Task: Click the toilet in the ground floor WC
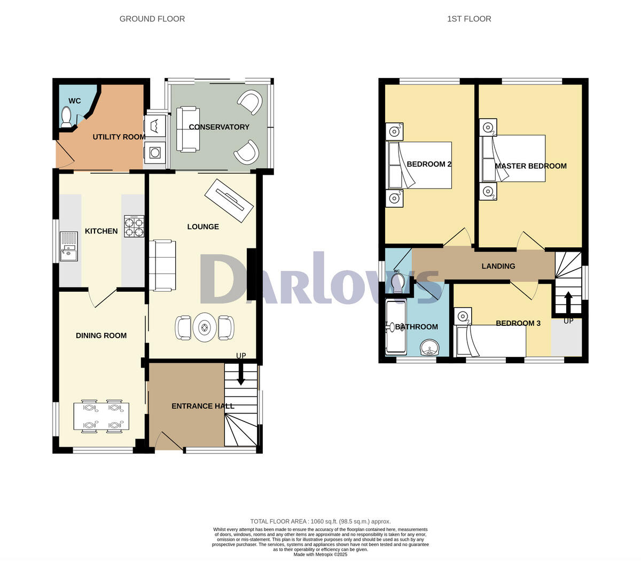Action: point(66,117)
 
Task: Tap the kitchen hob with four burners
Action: point(134,226)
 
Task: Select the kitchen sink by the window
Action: point(69,246)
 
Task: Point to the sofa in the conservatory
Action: point(187,129)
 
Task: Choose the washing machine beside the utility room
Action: point(155,153)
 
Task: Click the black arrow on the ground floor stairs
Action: point(240,375)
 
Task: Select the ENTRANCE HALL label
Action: point(202,406)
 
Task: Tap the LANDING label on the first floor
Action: point(498,266)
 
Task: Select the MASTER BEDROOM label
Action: point(530,166)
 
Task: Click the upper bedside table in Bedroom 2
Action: point(394,131)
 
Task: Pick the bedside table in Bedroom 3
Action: point(463,316)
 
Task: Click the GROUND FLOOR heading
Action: point(152,19)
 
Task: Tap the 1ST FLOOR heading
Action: point(469,19)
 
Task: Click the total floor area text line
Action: point(320,521)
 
